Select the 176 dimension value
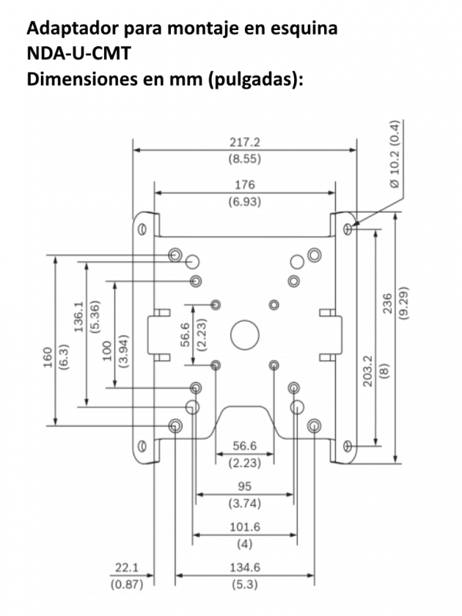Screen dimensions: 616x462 [x=246, y=186]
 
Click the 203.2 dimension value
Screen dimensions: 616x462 [x=368, y=370]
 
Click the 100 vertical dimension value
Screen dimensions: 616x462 [x=108, y=350]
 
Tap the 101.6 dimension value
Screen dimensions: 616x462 [x=246, y=527]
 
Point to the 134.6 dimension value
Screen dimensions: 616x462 [x=246, y=569]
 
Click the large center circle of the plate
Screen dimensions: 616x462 [x=245, y=332]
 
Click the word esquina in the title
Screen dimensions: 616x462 [x=300, y=29]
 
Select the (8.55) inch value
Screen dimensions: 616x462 [x=246, y=160]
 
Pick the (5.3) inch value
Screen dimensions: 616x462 [x=246, y=584]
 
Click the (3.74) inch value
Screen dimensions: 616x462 [x=246, y=504]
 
